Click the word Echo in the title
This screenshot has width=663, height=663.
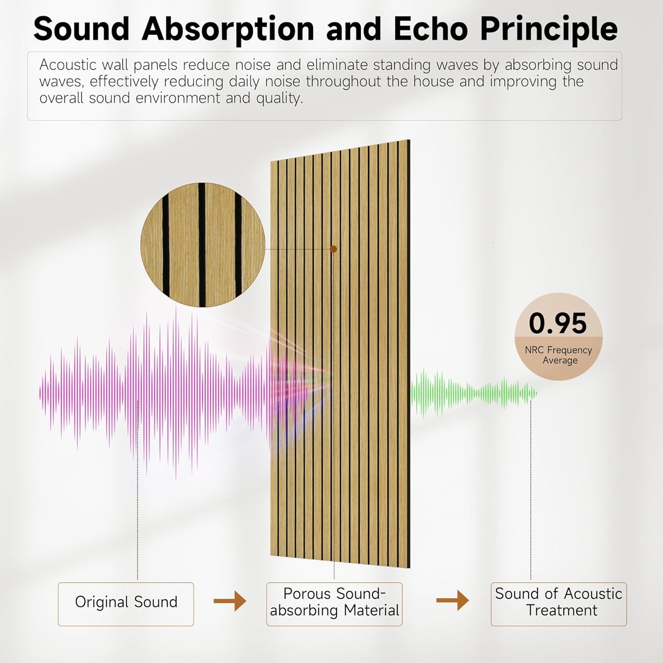click(x=432, y=29)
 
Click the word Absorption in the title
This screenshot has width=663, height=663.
click(x=228, y=29)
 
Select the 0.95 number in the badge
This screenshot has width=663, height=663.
click(x=557, y=323)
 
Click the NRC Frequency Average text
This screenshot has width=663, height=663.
click(x=558, y=355)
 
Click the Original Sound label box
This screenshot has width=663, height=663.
click(x=126, y=604)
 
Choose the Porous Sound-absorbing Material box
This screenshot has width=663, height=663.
click(x=334, y=604)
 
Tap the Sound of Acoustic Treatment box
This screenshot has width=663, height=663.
click(x=558, y=604)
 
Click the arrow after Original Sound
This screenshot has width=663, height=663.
click(x=230, y=601)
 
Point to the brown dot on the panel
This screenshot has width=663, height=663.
click(x=334, y=249)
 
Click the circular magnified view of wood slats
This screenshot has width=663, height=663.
click(x=203, y=245)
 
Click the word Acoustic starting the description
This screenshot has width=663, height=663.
click(x=67, y=65)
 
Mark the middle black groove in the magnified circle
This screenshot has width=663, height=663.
click(x=202, y=245)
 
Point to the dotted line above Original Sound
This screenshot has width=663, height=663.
click(x=138, y=505)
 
